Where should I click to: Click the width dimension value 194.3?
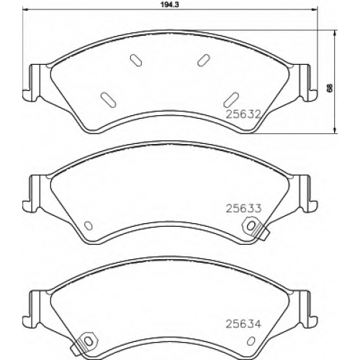170,5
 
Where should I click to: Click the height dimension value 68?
330,88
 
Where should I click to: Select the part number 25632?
243,114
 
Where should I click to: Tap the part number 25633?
243,208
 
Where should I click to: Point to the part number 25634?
243,324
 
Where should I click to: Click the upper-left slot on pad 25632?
136,60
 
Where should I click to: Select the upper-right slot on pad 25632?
204,60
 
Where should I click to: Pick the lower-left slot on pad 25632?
108,99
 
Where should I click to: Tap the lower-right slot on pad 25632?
230,99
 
